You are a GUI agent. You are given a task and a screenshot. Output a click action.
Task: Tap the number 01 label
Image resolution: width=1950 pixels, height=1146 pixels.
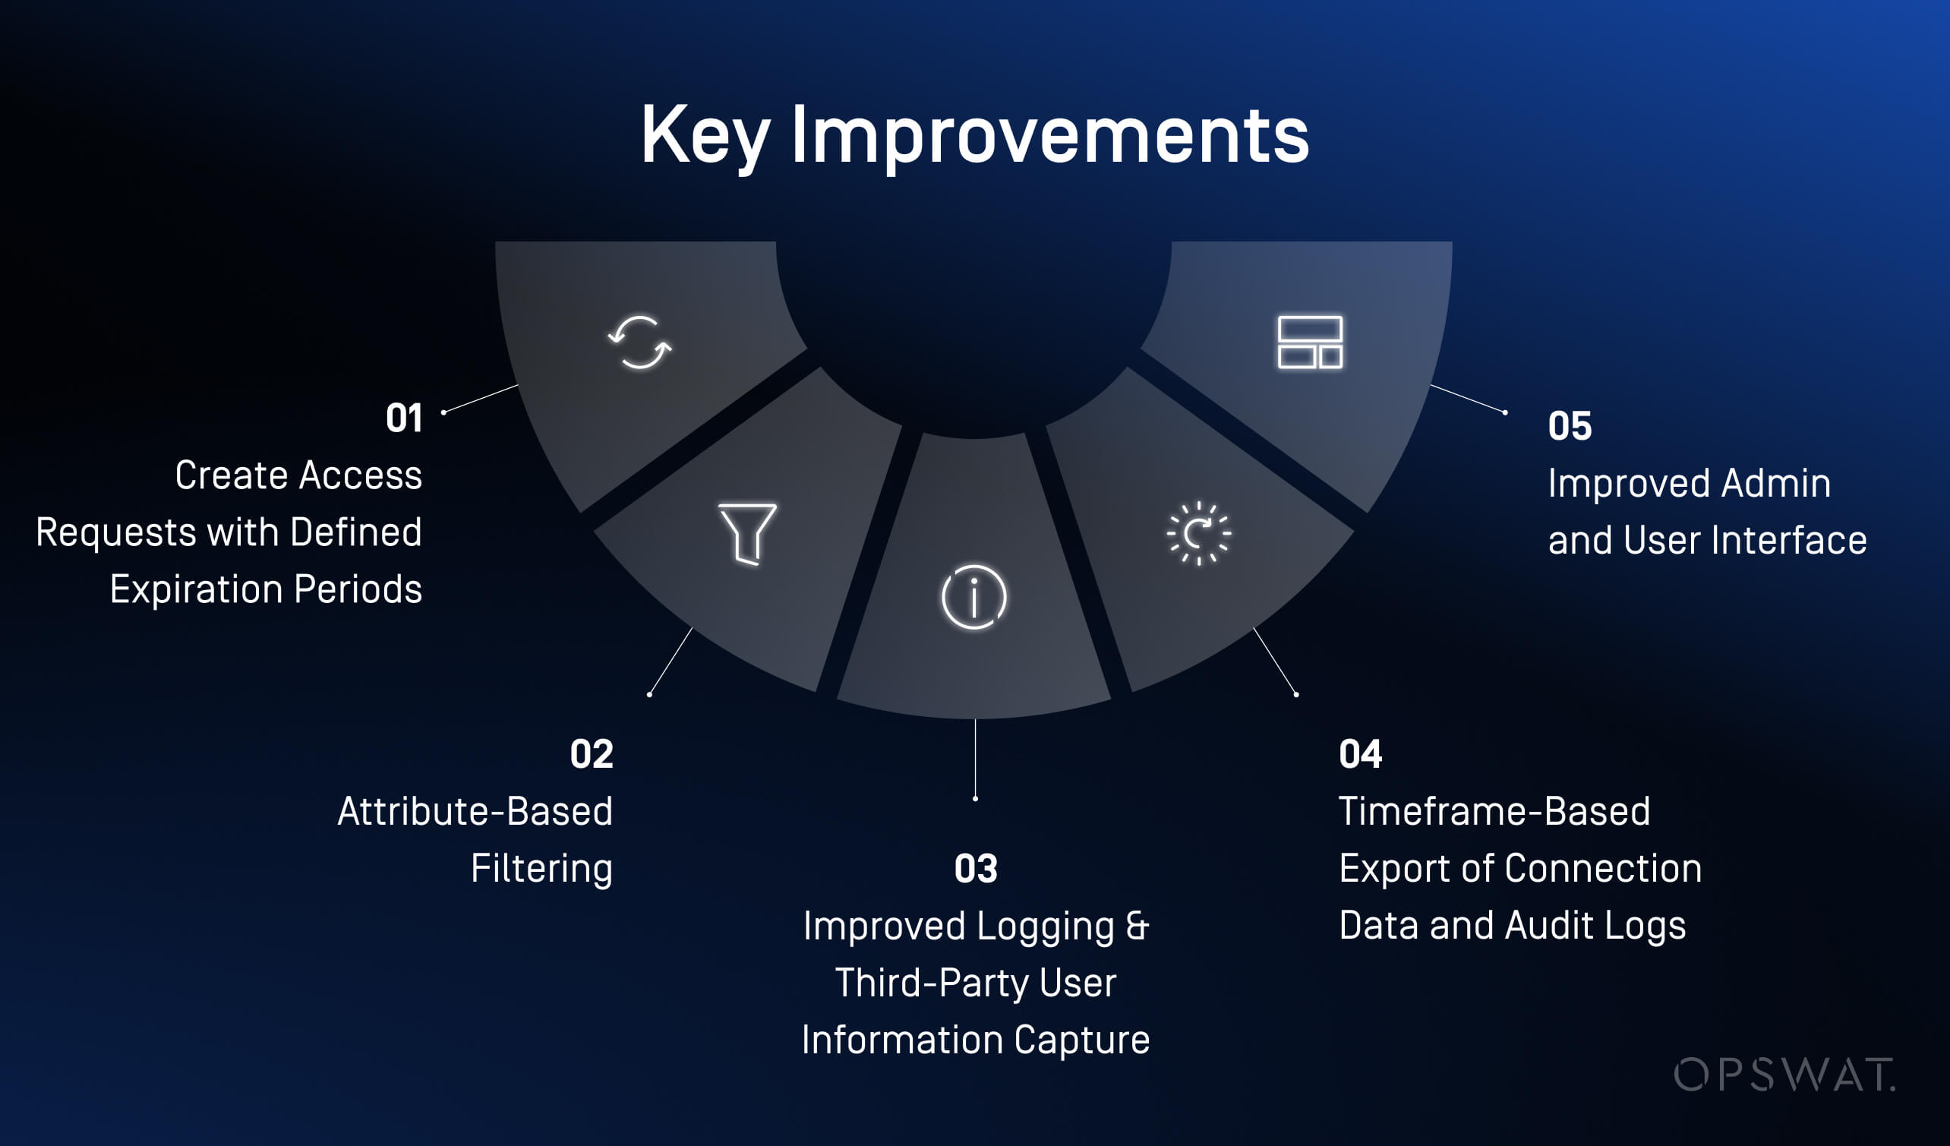[404, 418]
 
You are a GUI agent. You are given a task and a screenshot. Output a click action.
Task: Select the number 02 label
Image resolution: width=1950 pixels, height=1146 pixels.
[592, 753]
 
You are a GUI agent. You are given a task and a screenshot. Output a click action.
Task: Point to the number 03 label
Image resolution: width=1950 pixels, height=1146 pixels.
[976, 868]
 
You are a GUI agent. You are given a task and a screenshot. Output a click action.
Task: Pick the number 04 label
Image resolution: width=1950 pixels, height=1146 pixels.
[1360, 753]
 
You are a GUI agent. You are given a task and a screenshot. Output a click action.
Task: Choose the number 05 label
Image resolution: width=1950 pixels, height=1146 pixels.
[1570, 425]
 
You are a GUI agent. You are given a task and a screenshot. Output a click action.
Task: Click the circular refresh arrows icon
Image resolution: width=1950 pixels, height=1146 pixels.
[640, 342]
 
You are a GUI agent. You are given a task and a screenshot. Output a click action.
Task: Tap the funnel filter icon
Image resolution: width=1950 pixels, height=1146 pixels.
[747, 534]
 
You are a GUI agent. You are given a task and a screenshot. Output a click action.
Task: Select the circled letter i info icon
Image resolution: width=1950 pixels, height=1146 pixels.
[973, 597]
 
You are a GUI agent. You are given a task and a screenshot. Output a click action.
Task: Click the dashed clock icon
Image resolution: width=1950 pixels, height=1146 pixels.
[1199, 533]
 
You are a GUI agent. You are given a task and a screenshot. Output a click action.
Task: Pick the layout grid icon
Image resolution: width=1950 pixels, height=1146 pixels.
[1310, 342]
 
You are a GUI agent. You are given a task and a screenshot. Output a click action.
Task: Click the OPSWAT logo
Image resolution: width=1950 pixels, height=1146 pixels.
[1784, 1075]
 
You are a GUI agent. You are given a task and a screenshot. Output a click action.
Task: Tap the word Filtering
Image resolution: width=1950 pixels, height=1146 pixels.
[541, 869]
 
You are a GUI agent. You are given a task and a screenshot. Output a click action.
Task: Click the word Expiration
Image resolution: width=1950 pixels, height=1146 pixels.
[197, 589]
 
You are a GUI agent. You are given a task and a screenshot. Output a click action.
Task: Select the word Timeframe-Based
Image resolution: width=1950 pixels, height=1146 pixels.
[1494, 811]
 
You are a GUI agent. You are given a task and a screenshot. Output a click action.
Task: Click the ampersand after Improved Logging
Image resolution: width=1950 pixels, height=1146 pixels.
[1137, 926]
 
